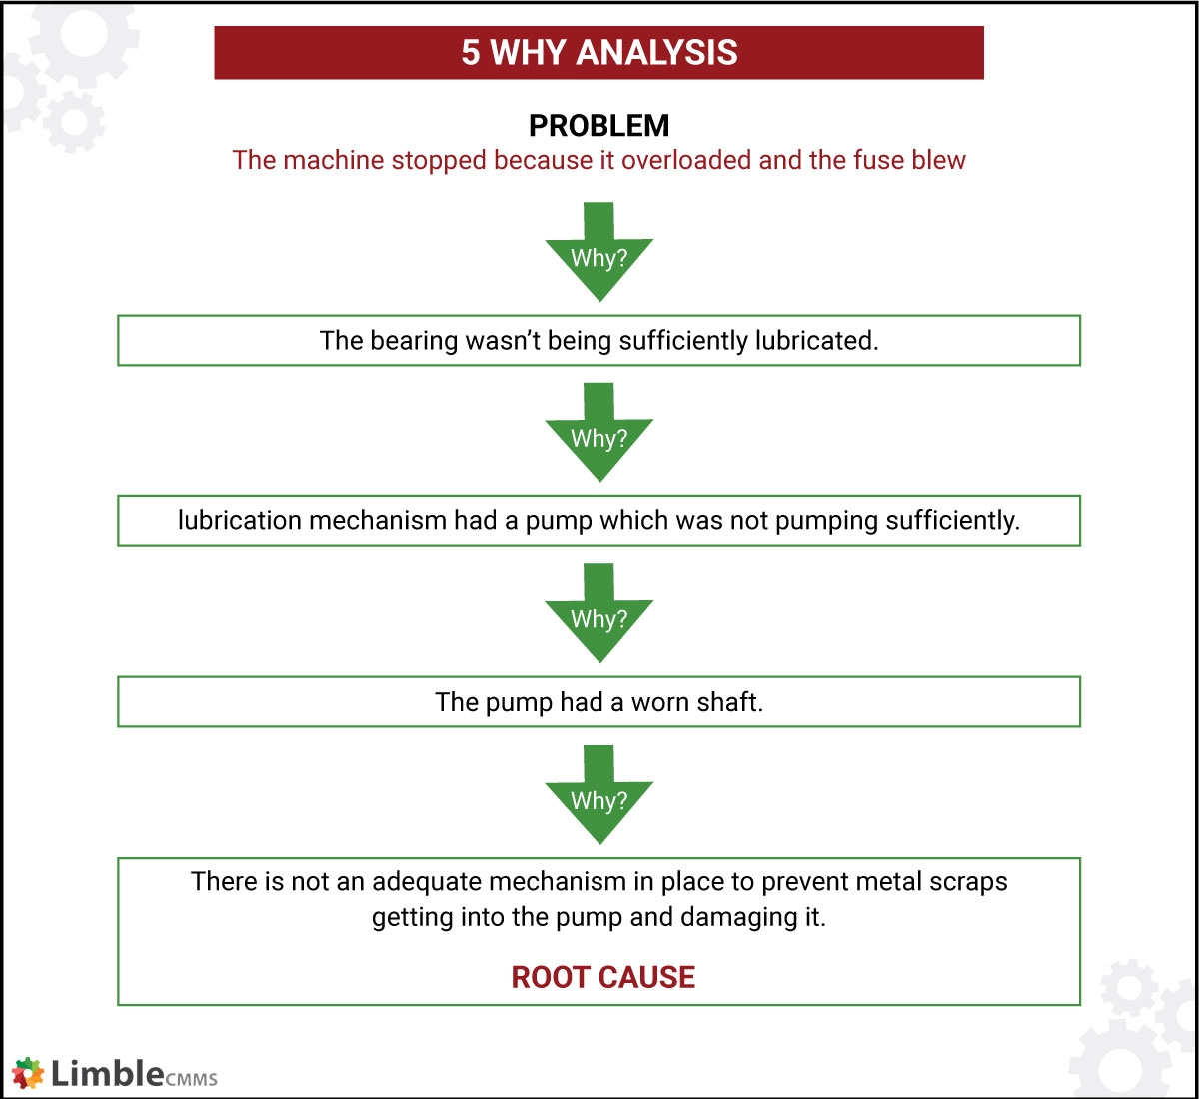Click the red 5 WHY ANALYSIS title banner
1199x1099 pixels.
coord(599,53)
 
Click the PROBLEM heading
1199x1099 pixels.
coord(599,126)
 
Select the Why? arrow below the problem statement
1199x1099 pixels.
coord(599,254)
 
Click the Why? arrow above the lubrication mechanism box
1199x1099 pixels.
coord(599,436)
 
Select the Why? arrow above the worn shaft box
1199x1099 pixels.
coord(599,616)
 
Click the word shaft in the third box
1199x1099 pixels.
coord(730,702)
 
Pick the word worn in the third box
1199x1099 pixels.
coord(660,702)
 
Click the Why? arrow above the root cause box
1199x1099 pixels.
coord(599,798)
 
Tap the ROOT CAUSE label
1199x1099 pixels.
coord(602,977)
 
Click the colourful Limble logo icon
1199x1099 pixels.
coord(29,1074)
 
